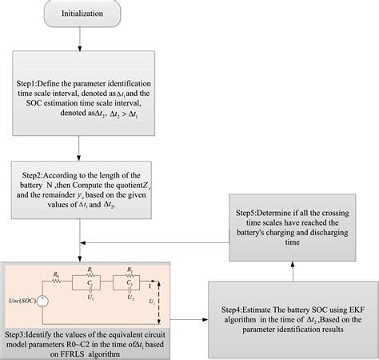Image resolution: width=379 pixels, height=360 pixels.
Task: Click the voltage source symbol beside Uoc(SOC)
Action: [42, 302]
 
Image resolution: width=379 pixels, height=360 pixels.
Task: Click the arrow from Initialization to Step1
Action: [78, 39]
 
